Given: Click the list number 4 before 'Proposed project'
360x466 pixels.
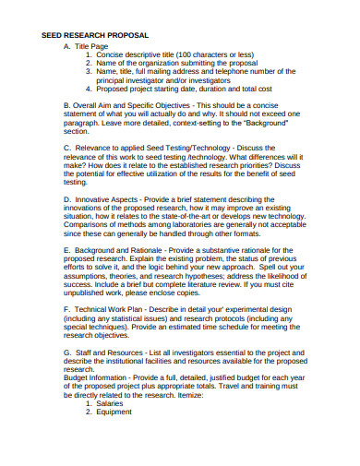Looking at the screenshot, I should coord(89,90).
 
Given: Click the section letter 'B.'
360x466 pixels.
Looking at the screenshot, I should coord(67,105).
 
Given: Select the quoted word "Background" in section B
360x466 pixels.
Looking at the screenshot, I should coord(265,122).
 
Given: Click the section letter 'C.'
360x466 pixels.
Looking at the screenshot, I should coord(67,147).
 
